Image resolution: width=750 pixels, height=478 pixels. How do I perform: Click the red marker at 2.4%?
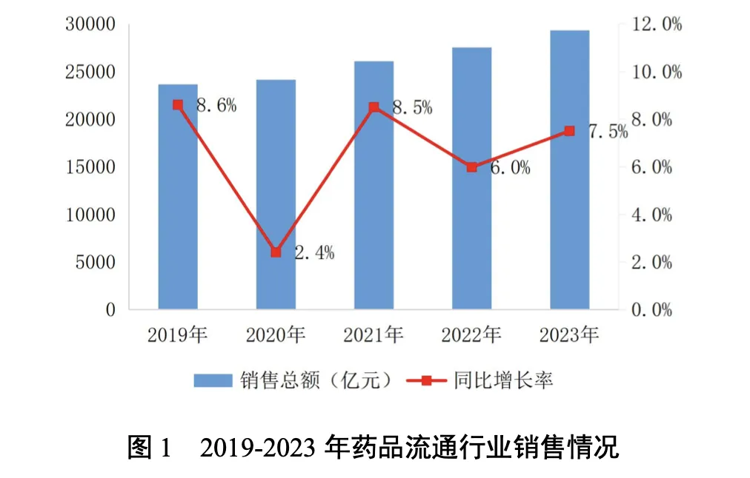pyautogui.click(x=276, y=252)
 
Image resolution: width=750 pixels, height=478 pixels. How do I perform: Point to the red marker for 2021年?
pyautogui.click(x=374, y=107)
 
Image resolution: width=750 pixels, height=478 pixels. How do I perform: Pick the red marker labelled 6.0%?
pyautogui.click(x=471, y=167)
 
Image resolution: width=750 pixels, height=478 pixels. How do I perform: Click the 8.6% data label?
pyautogui.click(x=216, y=106)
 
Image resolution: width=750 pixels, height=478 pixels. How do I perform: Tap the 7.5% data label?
pyautogui.click(x=607, y=132)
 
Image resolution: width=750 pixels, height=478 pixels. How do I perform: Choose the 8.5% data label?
pyautogui.click(x=412, y=108)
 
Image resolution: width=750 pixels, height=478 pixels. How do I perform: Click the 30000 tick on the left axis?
pyautogui.click(x=90, y=24)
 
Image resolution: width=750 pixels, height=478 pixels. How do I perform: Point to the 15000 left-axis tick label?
pyautogui.click(x=90, y=167)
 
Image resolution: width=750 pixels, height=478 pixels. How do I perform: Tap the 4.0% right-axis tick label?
pyautogui.click(x=652, y=215)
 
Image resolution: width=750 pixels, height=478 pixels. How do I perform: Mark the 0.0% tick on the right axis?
pyautogui.click(x=652, y=310)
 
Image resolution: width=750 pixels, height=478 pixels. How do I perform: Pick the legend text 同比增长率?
pyautogui.click(x=504, y=381)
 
